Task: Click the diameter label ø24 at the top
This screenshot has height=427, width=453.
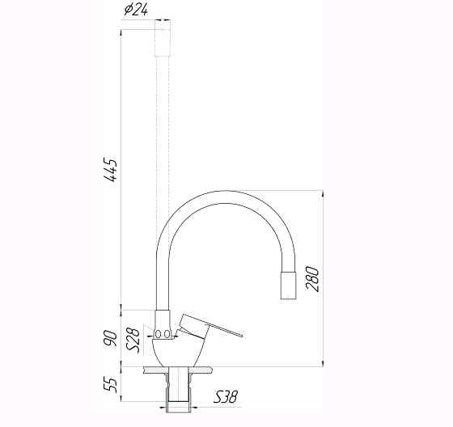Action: pos(136,11)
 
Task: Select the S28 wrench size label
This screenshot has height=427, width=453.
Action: pos(135,338)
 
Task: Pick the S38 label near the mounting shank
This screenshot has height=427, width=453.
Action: pos(226,397)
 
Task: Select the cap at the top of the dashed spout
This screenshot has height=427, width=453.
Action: pos(163,40)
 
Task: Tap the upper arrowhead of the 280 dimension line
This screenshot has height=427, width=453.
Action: pos(324,195)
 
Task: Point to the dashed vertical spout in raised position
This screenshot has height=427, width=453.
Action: pos(163,162)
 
